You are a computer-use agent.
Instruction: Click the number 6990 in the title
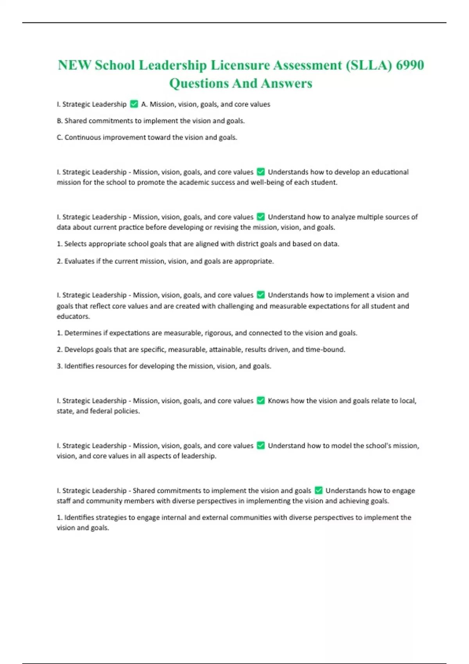(x=410, y=65)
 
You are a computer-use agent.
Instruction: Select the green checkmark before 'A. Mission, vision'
(x=134, y=104)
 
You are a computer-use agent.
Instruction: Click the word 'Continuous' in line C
(x=82, y=137)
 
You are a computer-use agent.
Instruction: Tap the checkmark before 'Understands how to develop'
(x=261, y=172)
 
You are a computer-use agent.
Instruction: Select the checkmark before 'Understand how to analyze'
(x=261, y=217)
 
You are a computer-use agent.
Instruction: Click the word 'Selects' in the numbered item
(x=75, y=244)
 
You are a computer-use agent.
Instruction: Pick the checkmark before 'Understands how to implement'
(x=261, y=295)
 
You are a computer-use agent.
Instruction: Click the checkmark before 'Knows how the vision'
(x=261, y=401)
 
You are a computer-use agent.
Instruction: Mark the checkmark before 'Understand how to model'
(x=261, y=446)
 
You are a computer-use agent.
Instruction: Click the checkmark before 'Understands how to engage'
(x=319, y=491)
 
